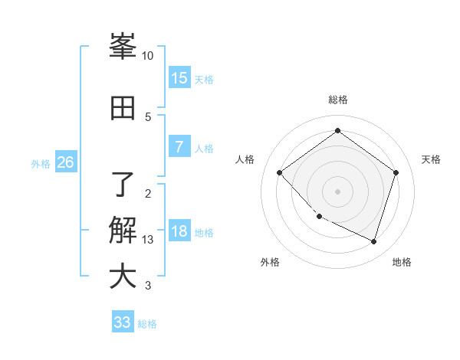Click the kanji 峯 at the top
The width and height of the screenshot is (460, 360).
123,47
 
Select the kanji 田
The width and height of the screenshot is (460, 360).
123,108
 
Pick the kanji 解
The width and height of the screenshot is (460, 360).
123,230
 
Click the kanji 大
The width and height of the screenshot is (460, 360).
123,277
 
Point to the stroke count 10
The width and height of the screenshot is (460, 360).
148,56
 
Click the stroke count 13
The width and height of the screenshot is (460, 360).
148,239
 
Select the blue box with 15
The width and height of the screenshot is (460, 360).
179,78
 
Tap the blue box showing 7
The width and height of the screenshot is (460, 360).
179,147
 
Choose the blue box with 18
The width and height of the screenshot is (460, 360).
179,231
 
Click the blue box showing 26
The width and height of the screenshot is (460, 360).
65,162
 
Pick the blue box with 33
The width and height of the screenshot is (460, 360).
123,322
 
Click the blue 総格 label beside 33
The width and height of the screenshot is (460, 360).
147,324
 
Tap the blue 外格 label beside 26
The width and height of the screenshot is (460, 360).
41,164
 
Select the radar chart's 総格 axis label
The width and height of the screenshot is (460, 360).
337,100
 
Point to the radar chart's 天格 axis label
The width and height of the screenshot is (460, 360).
431,159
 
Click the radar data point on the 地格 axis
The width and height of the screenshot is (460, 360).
374,242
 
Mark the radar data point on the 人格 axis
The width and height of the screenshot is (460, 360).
280,172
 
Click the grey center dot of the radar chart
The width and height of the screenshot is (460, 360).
337,191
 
